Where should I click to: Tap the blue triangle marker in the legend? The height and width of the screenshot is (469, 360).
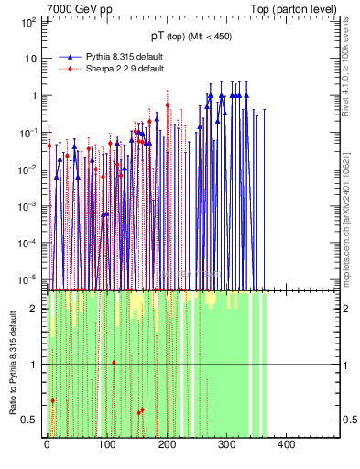point(71,56)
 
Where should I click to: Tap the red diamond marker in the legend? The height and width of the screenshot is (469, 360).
point(71,68)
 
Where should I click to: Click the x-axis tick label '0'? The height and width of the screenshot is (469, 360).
point(47,444)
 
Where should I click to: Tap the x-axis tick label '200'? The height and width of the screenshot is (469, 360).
point(166,444)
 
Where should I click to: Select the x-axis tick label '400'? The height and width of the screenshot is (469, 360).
point(285,444)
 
